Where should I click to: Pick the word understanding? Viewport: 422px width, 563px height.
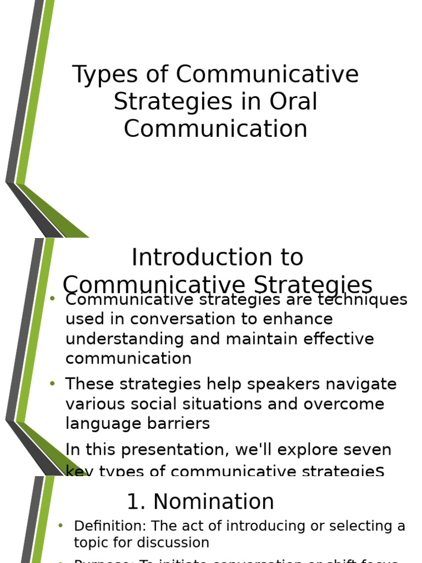coord(125,339)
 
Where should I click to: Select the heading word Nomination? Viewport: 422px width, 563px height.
coord(213,502)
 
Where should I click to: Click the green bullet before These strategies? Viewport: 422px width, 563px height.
coord(52,384)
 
